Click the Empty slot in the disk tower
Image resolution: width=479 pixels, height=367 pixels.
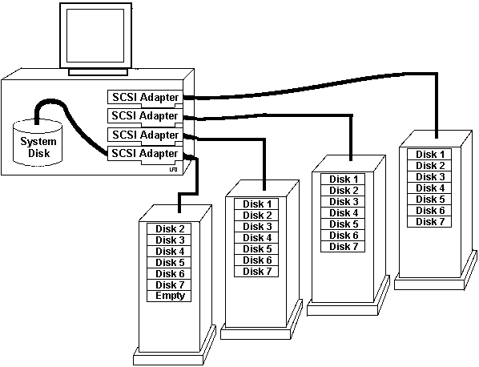coord(169,296)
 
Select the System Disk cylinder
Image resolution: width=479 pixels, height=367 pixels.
coord(38,143)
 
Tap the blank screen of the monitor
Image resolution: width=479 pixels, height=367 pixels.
coord(95,35)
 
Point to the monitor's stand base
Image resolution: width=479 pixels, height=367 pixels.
coord(98,72)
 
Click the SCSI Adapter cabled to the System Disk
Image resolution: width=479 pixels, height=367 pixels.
coord(145,154)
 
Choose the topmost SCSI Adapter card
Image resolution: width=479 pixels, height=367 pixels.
coord(145,98)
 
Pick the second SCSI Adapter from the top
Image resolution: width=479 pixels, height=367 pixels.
coord(145,116)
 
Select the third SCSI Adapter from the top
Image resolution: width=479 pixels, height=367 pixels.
coord(145,135)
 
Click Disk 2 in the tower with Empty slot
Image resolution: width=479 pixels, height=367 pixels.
coord(169,229)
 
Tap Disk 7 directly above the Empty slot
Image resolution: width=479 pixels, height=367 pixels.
coord(169,284)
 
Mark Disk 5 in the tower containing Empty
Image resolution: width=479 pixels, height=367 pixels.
coord(169,263)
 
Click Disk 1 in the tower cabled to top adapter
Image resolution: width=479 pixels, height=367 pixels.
coord(429,155)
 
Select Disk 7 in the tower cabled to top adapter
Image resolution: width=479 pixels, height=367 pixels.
coord(429,221)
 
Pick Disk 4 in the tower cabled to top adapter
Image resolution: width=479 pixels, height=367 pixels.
coord(429,188)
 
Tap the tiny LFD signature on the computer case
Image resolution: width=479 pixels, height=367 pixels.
coord(173,169)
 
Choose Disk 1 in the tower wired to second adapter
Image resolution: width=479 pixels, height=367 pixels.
coord(343,179)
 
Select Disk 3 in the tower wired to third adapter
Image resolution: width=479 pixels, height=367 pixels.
coord(256,227)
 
